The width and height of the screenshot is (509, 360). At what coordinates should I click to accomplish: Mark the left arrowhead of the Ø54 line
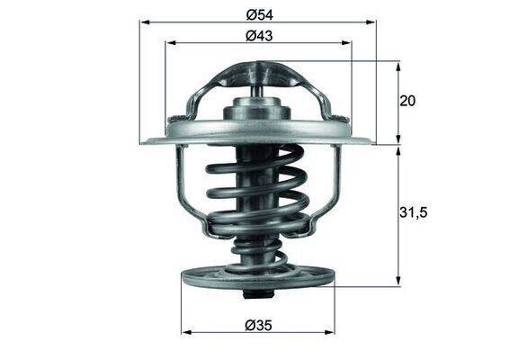click(144, 22)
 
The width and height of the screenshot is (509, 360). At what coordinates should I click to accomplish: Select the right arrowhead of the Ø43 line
click(347, 43)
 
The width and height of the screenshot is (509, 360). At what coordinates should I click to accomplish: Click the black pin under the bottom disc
click(258, 295)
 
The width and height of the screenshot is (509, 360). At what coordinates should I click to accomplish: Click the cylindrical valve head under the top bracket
click(258, 112)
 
